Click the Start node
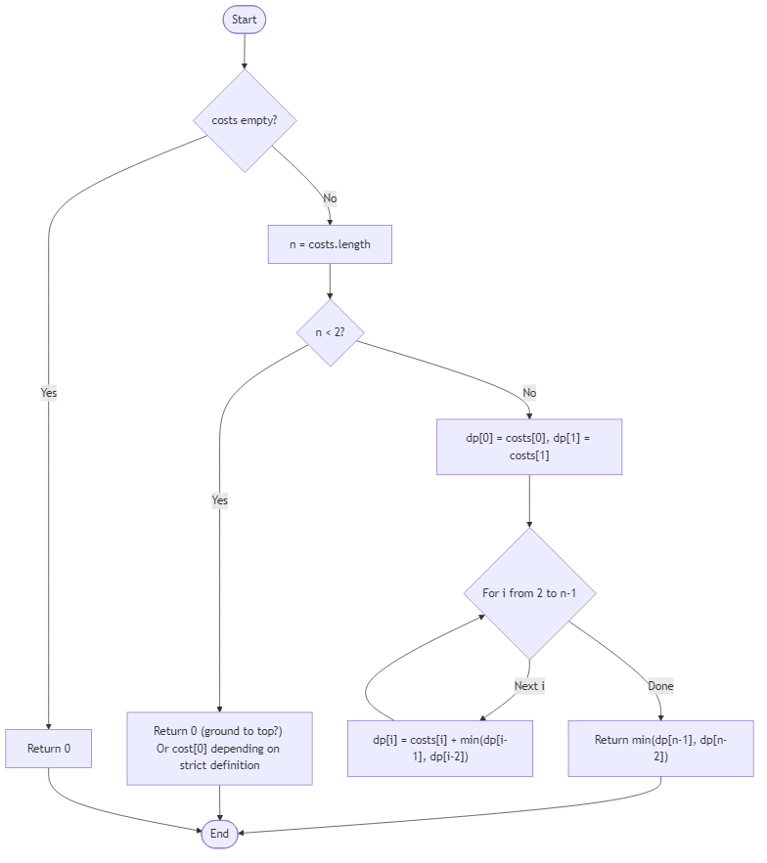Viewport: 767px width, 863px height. pos(244,20)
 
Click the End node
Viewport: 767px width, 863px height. pos(219,834)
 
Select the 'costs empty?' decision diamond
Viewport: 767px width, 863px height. pos(244,120)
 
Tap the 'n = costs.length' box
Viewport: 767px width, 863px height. pos(330,244)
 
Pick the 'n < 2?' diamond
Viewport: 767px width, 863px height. pos(330,332)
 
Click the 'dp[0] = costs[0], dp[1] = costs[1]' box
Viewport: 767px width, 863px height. pos(529,447)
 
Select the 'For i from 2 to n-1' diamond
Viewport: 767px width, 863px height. pos(529,593)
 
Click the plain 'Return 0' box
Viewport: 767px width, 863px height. pos(48,749)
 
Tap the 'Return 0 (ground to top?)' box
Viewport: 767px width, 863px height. pos(219,749)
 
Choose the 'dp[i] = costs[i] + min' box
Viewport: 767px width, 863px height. pos(440,749)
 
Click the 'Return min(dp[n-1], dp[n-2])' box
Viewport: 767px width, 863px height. pos(660,749)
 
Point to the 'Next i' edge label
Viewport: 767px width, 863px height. pos(529,686)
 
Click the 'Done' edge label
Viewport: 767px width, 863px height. pos(660,686)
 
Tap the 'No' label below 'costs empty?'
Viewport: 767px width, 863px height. pos(330,198)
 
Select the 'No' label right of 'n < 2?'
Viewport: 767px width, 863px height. pos(529,393)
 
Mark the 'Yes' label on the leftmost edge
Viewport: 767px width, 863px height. pos(48,393)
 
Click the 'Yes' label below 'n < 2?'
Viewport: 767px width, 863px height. pos(219,500)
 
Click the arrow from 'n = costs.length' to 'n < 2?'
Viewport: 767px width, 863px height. pos(330,280)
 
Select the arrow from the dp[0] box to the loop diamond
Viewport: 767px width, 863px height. pos(529,501)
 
